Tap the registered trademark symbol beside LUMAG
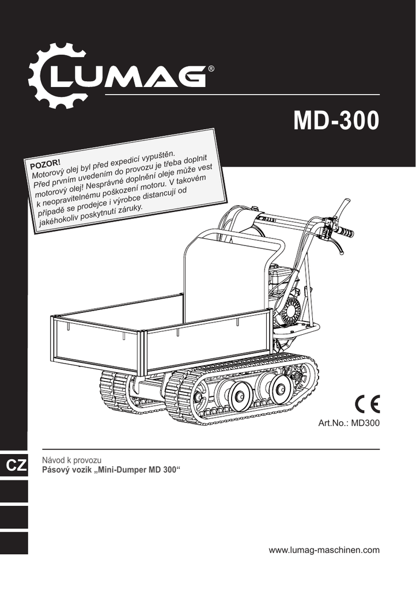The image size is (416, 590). click(211, 69)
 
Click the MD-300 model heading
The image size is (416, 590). click(336, 120)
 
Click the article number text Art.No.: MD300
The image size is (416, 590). click(349, 422)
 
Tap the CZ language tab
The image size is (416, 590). click(17, 466)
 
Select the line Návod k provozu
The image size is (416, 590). click(71, 460)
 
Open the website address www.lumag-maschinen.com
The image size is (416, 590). click(324, 550)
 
